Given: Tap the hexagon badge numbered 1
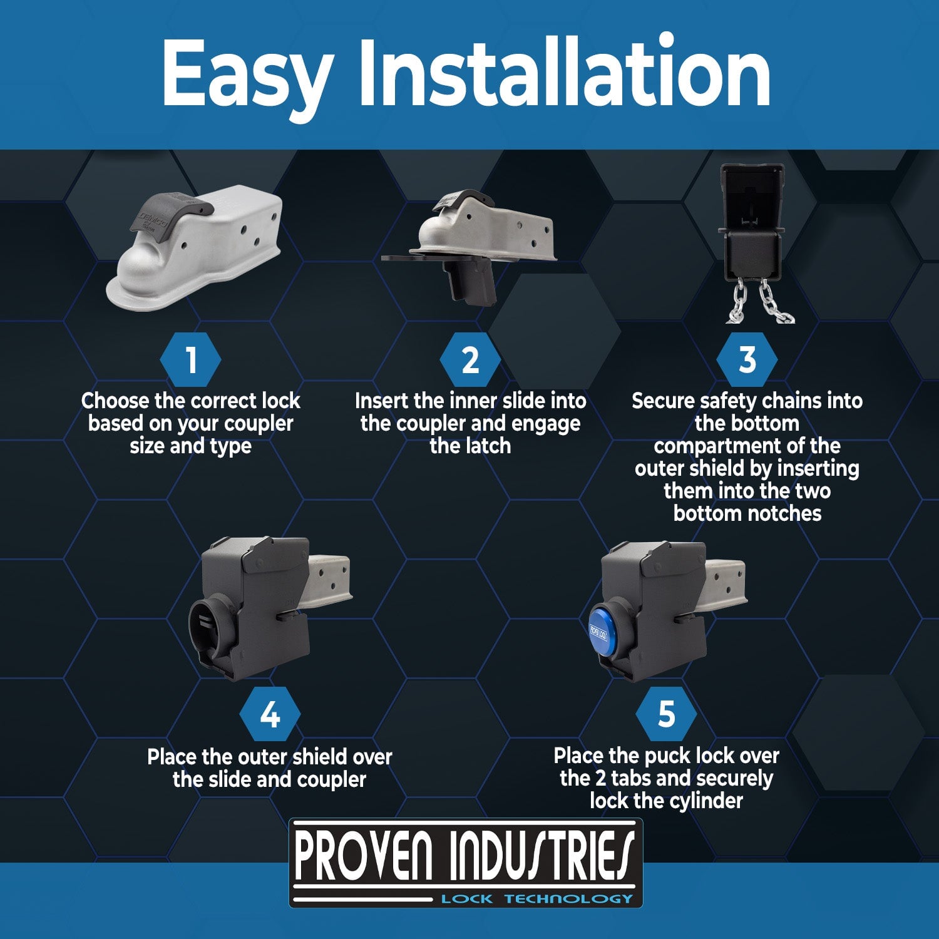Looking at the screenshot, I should tap(191, 361).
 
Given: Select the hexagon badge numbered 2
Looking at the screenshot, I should tap(470, 361).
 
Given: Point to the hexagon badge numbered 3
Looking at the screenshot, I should tap(747, 361).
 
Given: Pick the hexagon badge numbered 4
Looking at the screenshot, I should tap(270, 714).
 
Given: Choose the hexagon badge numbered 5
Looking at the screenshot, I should tap(666, 714).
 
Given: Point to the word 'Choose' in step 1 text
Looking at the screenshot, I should tap(115, 401).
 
